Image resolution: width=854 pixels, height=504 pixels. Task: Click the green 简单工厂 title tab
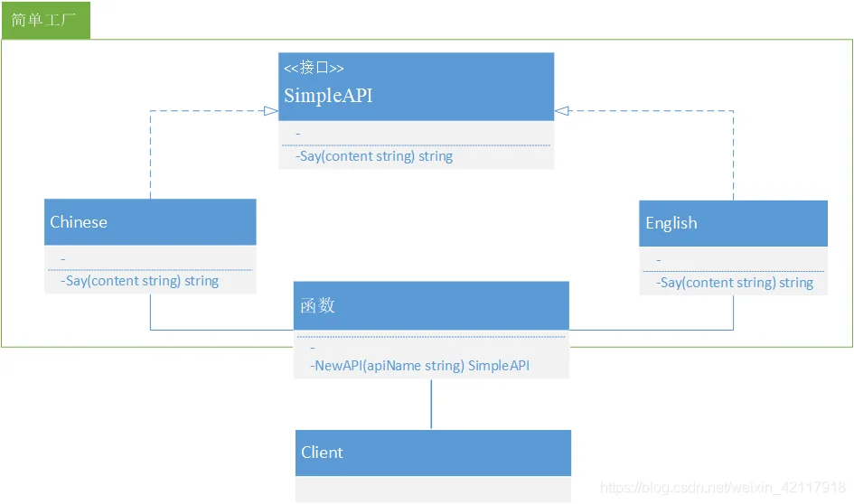coord(46,20)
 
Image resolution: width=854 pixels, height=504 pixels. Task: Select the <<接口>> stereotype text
coord(314,68)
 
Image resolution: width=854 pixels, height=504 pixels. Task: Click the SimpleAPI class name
coord(328,95)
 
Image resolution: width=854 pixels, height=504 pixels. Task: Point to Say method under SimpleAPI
coord(374,156)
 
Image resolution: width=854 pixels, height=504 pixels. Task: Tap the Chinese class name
coord(79,222)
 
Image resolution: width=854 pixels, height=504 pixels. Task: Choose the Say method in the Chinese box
coord(139,281)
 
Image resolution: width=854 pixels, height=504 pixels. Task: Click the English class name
coord(671,223)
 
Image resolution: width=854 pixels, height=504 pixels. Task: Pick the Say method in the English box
coord(734,283)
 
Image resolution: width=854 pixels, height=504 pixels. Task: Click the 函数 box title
coord(317,305)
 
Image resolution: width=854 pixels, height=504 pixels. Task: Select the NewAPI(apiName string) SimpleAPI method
coord(419,366)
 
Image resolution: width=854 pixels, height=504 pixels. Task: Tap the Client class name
coord(322,453)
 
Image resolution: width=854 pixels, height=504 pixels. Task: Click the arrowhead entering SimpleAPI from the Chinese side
coord(271,111)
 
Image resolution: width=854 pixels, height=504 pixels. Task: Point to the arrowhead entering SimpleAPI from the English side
coord(561,111)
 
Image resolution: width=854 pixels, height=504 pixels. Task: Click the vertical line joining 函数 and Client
coord(431,405)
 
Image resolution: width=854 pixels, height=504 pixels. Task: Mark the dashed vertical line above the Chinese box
coord(150,155)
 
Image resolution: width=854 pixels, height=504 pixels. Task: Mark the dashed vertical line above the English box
coord(733,155)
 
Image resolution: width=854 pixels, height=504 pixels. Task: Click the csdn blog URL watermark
coord(723,487)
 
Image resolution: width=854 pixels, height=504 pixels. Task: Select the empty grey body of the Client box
coord(433,490)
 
